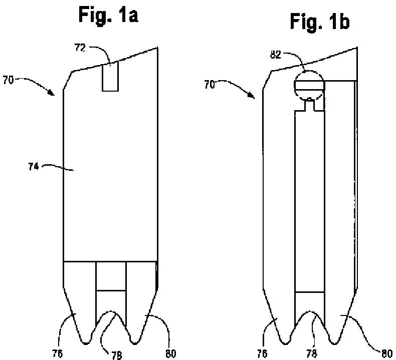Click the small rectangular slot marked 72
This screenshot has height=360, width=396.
click(110, 77)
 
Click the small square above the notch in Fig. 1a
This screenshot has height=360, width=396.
click(111, 275)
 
